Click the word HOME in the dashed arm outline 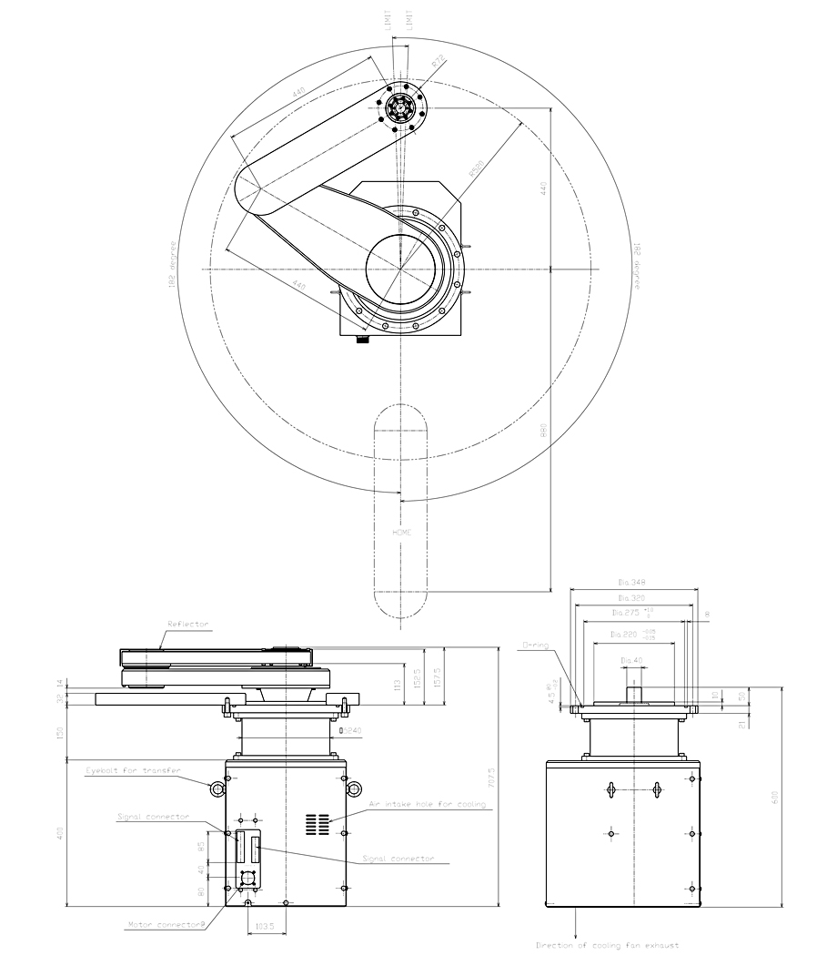[401, 533]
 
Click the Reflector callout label [187, 625]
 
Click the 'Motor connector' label [165, 925]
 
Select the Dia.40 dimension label [631, 660]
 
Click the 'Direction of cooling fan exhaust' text [607, 945]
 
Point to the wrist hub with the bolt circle [401, 107]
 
